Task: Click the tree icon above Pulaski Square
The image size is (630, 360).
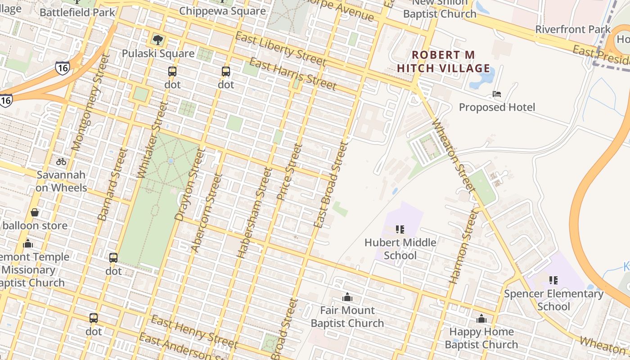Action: click(158, 40)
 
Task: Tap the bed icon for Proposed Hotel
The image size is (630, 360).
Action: click(497, 94)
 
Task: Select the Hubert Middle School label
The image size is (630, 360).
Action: click(400, 249)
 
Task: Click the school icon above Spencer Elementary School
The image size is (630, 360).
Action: click(553, 280)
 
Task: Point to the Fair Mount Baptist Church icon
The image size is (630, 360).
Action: click(347, 297)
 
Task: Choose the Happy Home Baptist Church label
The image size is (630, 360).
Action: click(481, 338)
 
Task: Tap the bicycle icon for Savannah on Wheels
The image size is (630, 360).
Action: click(61, 162)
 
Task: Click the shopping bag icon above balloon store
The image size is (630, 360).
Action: click(35, 212)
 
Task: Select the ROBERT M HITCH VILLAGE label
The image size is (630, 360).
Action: click(444, 62)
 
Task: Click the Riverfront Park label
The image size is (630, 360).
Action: click(572, 30)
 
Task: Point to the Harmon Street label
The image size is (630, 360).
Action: click(463, 247)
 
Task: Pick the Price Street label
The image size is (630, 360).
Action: click(288, 171)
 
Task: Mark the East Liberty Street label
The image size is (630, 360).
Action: click(280, 49)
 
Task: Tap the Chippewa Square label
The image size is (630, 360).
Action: click(222, 11)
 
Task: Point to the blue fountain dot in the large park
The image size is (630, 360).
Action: click(170, 161)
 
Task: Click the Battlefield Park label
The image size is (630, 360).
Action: click(77, 12)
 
